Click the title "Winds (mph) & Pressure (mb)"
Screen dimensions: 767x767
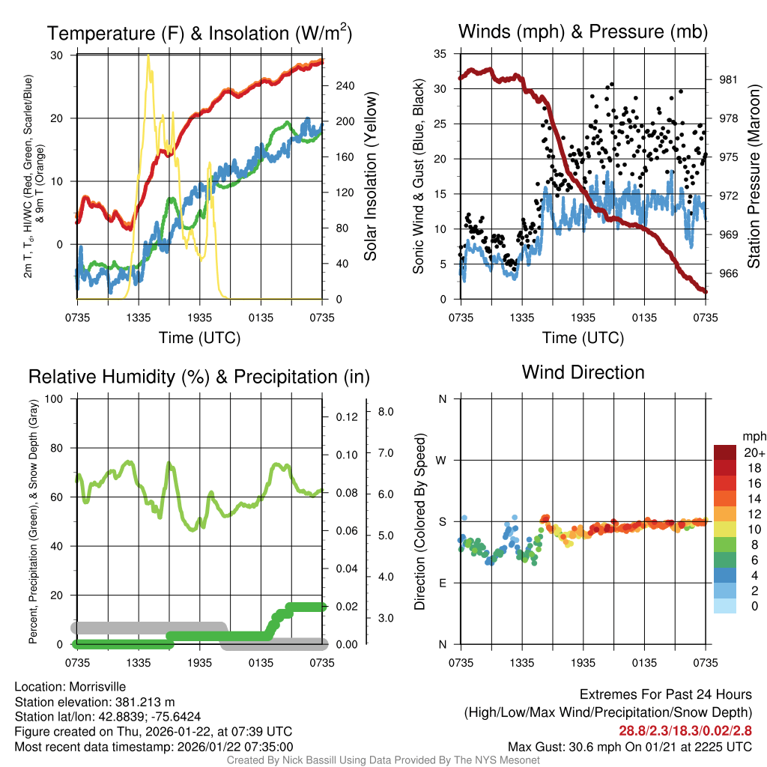pos(583,31)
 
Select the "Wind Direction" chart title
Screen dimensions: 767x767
pos(583,372)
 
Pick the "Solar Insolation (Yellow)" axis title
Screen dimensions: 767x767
pos(370,177)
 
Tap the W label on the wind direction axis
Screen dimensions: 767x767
pos(442,460)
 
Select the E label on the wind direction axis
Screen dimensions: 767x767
pos(443,583)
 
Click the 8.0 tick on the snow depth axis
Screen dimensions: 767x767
pos(386,412)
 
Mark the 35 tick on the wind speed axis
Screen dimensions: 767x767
pos(441,54)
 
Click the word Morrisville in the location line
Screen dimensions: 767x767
pos(97,687)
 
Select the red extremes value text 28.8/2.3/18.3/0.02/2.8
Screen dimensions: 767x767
pos(685,730)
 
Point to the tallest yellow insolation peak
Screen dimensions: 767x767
pos(148,57)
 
